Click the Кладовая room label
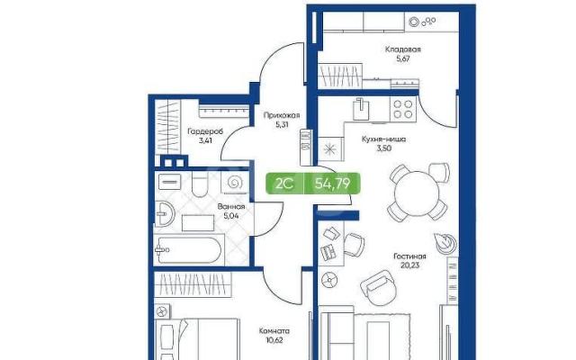402,49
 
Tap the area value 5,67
403,58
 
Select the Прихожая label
282,116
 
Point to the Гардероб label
205,131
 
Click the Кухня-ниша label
383,139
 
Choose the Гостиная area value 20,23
409,265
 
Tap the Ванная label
231,207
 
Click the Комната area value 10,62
274,340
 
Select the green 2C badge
284,183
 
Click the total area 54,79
332,183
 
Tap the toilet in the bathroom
200,184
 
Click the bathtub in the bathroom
189,250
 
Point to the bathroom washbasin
164,214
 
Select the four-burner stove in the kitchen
403,109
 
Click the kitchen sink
361,109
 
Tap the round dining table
417,193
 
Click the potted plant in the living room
445,242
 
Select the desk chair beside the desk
354,244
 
